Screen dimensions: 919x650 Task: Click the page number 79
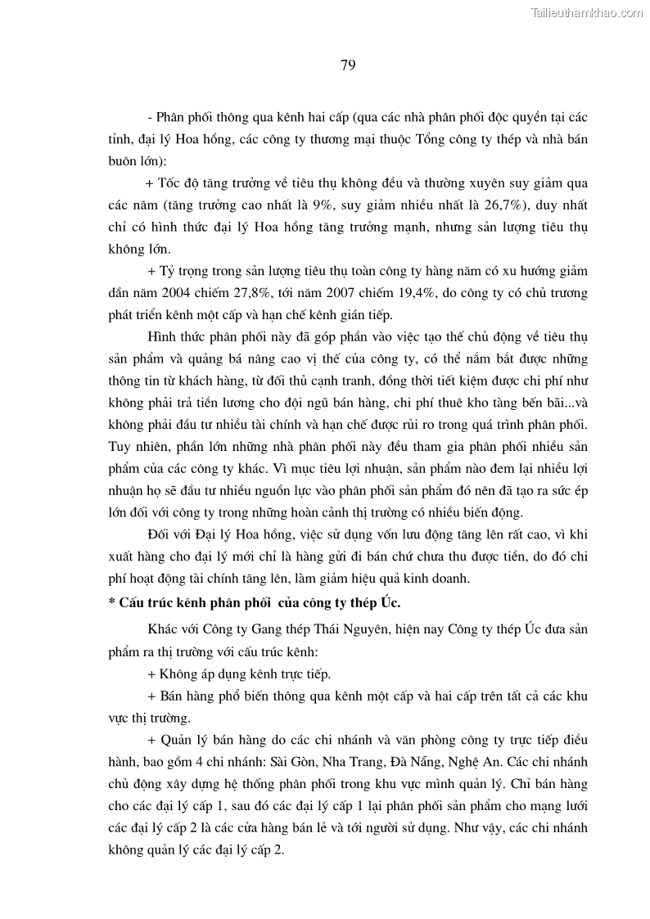pos(347,66)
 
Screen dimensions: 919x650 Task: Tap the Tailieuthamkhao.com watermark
pos(588,12)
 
